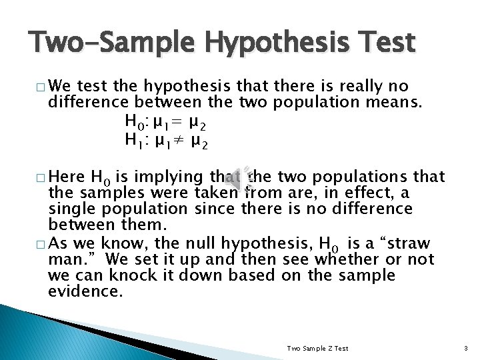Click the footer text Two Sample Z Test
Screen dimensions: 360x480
(317, 348)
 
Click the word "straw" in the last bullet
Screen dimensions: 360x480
(409, 242)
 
